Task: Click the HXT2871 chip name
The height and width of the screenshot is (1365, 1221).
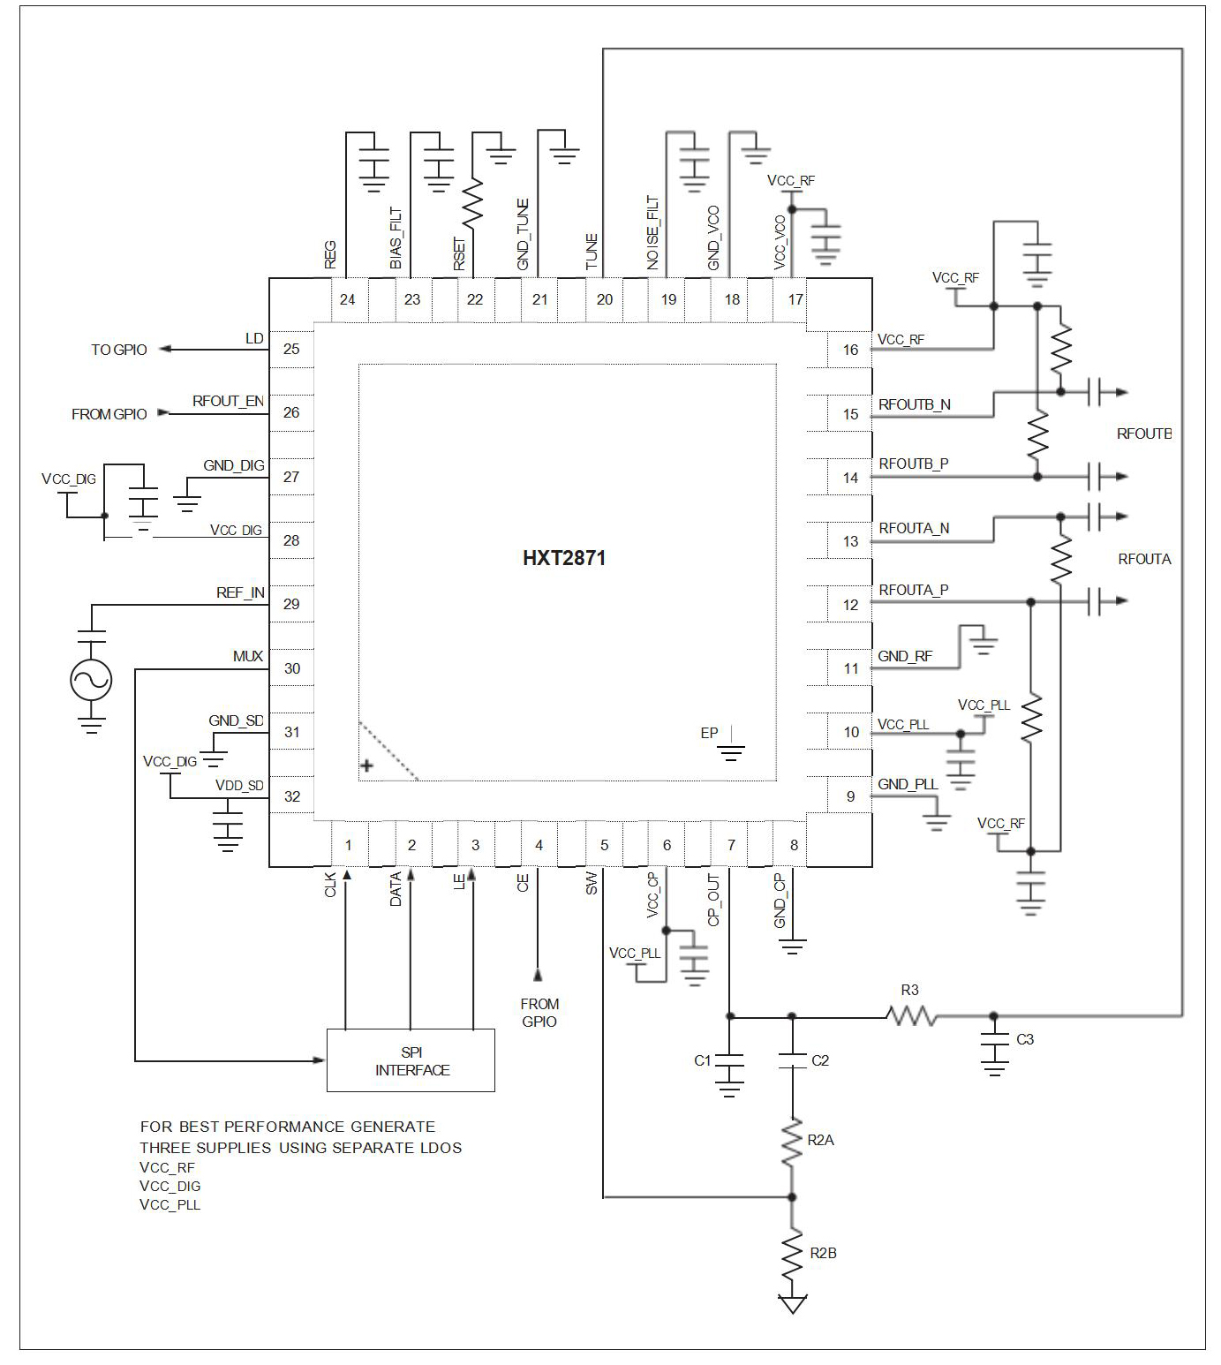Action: [x=564, y=558]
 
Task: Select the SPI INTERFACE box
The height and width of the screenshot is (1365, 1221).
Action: [x=411, y=1061]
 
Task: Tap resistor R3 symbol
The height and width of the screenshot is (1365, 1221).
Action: [x=911, y=1016]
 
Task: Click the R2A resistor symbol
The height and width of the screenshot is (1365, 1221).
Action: [x=792, y=1141]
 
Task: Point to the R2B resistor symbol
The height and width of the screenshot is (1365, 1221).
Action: [x=792, y=1253]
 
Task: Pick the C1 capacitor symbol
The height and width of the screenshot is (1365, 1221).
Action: [x=729, y=1065]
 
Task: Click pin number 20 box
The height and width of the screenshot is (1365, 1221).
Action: [x=604, y=299]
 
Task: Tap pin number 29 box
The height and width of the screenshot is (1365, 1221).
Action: [x=291, y=604]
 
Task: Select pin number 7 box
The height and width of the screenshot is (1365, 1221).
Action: [x=731, y=845]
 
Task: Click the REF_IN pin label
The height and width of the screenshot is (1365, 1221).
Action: [x=240, y=593]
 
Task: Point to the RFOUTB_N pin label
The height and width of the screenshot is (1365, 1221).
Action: [x=914, y=405]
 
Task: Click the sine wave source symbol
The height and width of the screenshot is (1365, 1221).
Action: [x=91, y=680]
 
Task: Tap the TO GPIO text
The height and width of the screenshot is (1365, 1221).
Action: [x=118, y=350]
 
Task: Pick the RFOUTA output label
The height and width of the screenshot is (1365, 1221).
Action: [x=1144, y=559]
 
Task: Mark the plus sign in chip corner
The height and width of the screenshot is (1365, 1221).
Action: [x=367, y=765]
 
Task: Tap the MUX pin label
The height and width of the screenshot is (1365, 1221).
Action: [x=247, y=656]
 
